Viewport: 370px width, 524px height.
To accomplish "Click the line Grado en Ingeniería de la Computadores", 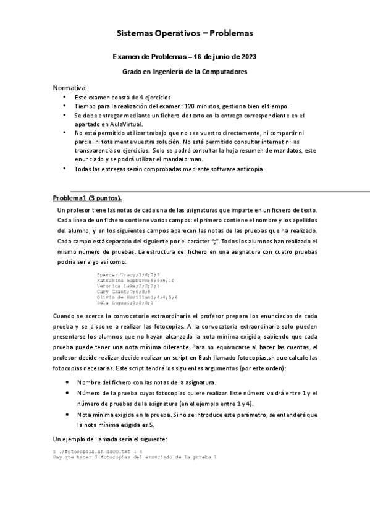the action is [185, 72].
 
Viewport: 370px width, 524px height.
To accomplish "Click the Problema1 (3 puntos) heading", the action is [86, 198].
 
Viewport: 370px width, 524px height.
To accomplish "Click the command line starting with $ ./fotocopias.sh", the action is [90, 452].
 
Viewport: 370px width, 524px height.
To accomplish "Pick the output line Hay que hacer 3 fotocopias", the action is [134, 458].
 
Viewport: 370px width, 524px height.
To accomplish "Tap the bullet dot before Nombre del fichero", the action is [67, 383].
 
